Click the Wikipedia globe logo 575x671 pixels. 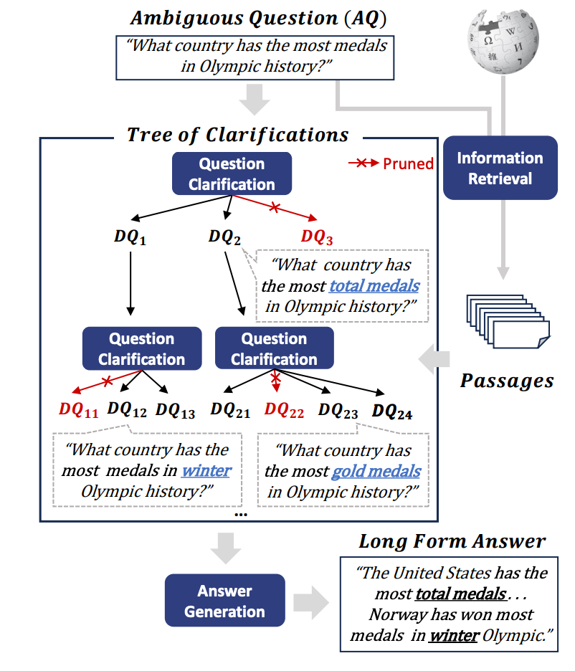pos(503,44)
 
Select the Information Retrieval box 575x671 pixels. pos(500,168)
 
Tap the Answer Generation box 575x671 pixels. pos(224,601)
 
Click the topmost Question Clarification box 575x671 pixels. pos(232,174)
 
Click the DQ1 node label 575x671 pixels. pos(130,237)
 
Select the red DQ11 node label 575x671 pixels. pos(78,410)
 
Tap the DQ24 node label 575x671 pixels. pos(392,411)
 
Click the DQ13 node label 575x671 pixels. pos(175,410)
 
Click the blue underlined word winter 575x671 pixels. pos(206,471)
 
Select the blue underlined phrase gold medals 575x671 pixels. pos(376,471)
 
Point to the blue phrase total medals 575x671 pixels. pos(374,286)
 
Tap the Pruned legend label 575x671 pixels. pos(408,163)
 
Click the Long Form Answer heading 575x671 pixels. pos(452,541)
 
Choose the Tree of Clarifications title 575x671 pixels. pos(237,135)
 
